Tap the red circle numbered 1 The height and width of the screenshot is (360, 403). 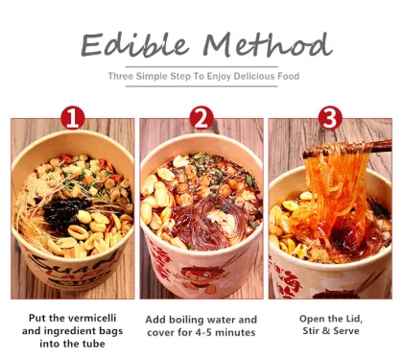pos(73,118)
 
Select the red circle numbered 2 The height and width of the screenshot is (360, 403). pos(201,118)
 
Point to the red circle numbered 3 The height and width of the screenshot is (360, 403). pos(328,118)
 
